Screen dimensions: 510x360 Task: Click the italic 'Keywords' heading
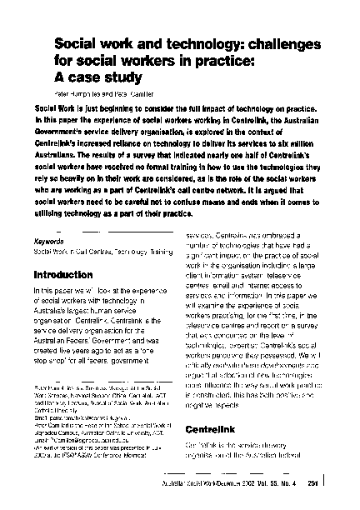(x=49, y=242)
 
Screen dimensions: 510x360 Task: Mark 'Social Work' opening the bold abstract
(x=57, y=109)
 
